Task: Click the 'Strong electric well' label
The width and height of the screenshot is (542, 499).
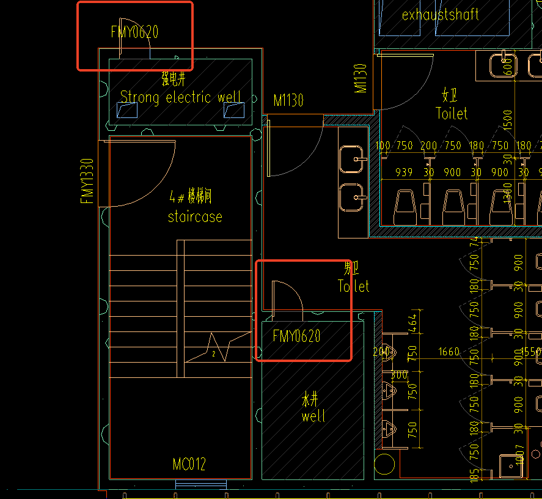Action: [x=180, y=97]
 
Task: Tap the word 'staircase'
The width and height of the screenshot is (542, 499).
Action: [x=195, y=216]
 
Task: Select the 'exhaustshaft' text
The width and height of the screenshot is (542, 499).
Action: [x=440, y=15]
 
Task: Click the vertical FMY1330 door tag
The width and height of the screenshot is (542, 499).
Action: [x=87, y=181]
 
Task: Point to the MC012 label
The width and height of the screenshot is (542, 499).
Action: [x=189, y=465]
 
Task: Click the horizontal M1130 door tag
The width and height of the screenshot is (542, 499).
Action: [x=288, y=100]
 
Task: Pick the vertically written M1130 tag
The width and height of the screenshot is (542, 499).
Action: [x=361, y=78]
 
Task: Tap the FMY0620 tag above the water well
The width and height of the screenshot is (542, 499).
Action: [x=296, y=336]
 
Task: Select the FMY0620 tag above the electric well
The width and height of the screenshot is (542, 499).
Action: [x=134, y=32]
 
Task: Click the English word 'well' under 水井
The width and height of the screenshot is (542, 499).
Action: [x=313, y=416]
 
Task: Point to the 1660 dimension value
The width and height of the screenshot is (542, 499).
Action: [x=449, y=352]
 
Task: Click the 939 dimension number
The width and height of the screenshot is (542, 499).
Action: [x=404, y=172]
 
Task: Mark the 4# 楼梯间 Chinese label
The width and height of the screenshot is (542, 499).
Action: [x=191, y=198]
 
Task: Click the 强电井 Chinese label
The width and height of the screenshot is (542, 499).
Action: [x=173, y=79]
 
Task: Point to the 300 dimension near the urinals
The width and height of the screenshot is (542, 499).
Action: [x=399, y=374]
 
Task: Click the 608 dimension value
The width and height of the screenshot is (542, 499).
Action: [x=507, y=66]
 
